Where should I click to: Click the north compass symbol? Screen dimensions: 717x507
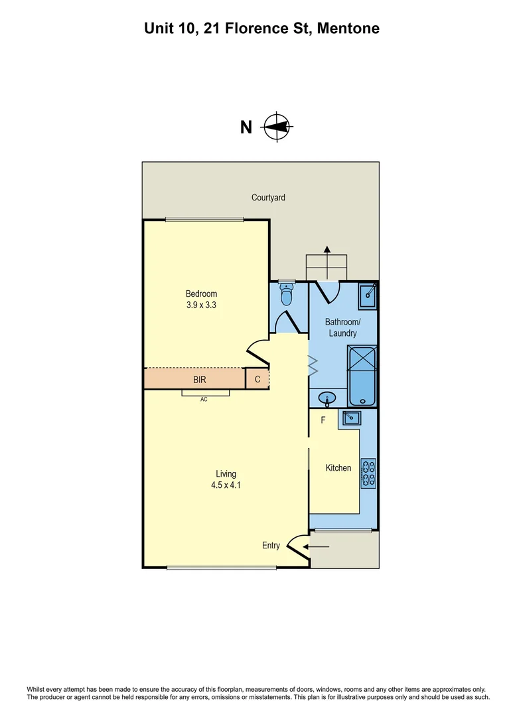(x=277, y=126)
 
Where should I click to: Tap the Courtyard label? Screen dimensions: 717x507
(x=268, y=197)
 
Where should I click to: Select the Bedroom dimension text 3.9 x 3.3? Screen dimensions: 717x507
(x=201, y=306)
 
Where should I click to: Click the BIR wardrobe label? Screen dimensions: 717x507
(x=199, y=380)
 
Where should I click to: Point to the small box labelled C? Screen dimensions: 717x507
(x=257, y=380)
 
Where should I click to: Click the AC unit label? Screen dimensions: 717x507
(x=204, y=400)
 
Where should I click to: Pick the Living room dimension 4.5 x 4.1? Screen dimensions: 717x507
(x=226, y=485)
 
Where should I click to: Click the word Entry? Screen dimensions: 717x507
(x=271, y=546)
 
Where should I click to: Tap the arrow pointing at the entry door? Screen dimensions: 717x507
(x=318, y=546)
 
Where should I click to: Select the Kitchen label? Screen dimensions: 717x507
(x=338, y=468)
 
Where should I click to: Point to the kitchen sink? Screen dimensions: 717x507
(x=350, y=418)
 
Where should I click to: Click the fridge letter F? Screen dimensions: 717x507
(x=323, y=420)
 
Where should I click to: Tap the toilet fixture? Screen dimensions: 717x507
(x=287, y=291)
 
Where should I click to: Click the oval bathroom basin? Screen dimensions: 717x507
(x=327, y=399)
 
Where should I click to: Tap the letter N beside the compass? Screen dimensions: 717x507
(x=246, y=127)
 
